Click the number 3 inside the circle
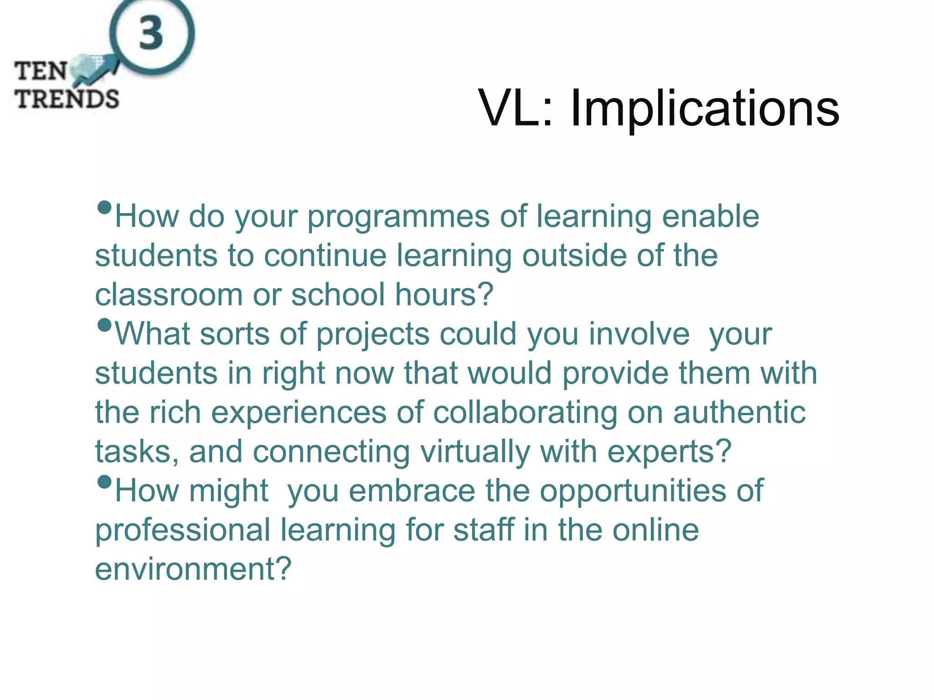tap(151, 33)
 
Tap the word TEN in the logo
tap(41, 72)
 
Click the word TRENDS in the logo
tap(67, 99)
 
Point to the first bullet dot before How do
tap(104, 208)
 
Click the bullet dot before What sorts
tap(104, 325)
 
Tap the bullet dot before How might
tap(104, 482)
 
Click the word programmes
tap(398, 217)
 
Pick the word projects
tap(373, 335)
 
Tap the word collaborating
tap(525, 413)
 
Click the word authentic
tap(739, 413)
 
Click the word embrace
tap(412, 491)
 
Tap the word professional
tap(182, 530)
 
